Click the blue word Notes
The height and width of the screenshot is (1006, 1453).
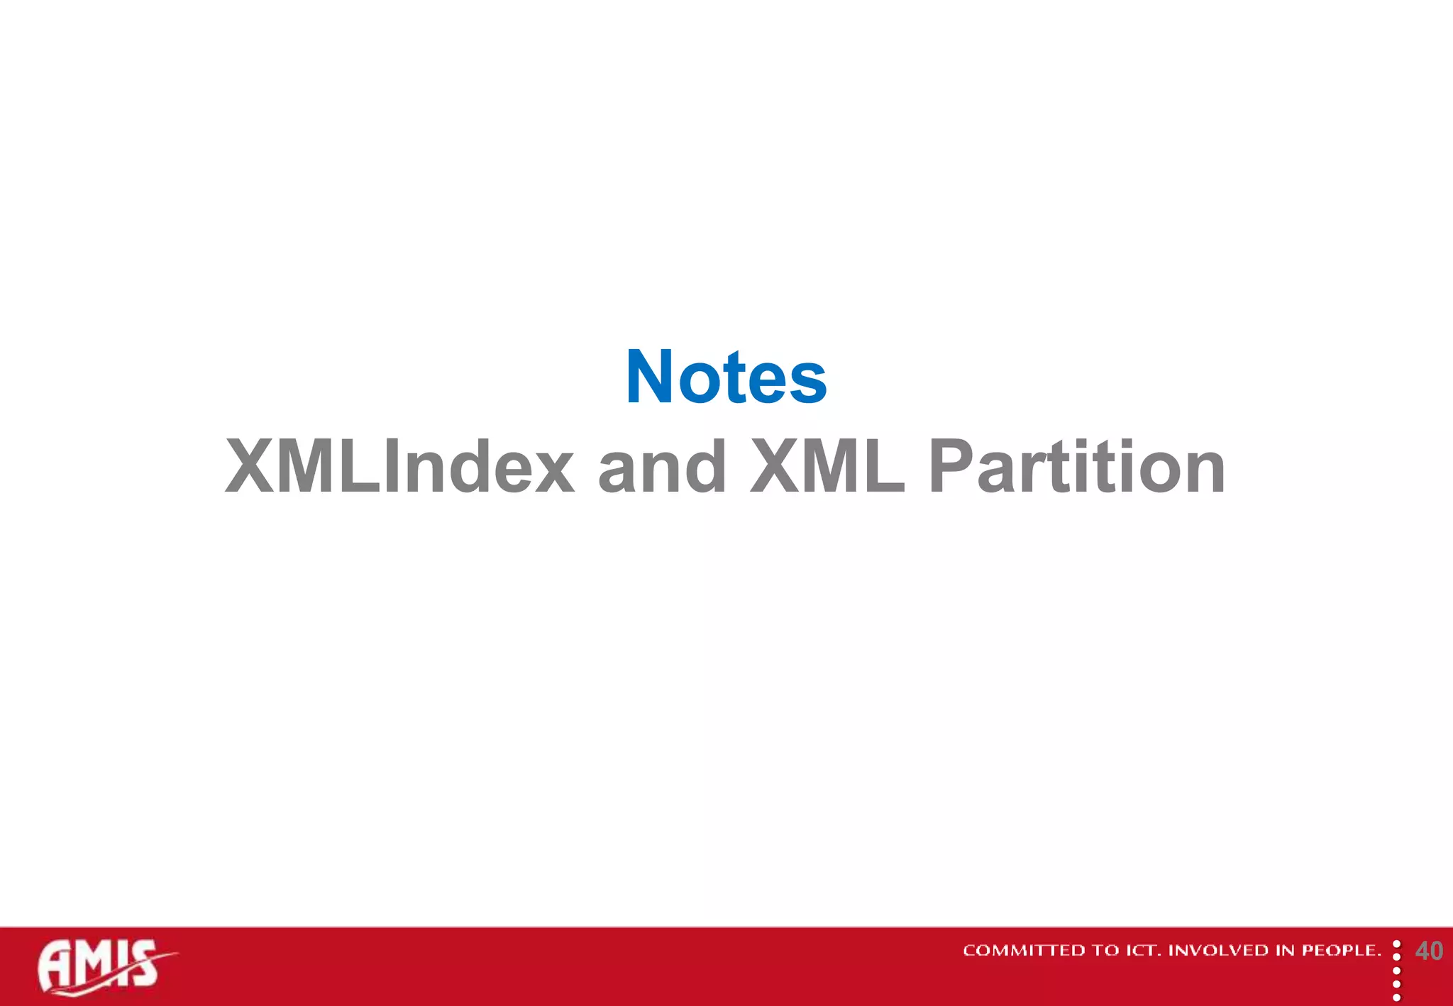coord(726,377)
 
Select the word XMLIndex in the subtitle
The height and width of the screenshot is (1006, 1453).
coord(399,467)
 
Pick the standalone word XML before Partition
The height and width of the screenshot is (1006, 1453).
coord(827,467)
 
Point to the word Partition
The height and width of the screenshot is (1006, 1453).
coord(1076,467)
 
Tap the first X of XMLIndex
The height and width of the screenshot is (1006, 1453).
coord(249,467)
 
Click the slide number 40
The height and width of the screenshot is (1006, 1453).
coord(1428,951)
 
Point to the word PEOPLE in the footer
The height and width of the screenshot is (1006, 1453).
coord(1340,951)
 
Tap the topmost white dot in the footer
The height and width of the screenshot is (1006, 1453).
coord(1396,944)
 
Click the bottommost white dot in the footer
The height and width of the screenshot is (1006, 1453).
coord(1396,997)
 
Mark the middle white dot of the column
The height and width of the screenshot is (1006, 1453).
coord(1396,971)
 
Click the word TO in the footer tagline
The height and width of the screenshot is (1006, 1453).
coord(1105,951)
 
